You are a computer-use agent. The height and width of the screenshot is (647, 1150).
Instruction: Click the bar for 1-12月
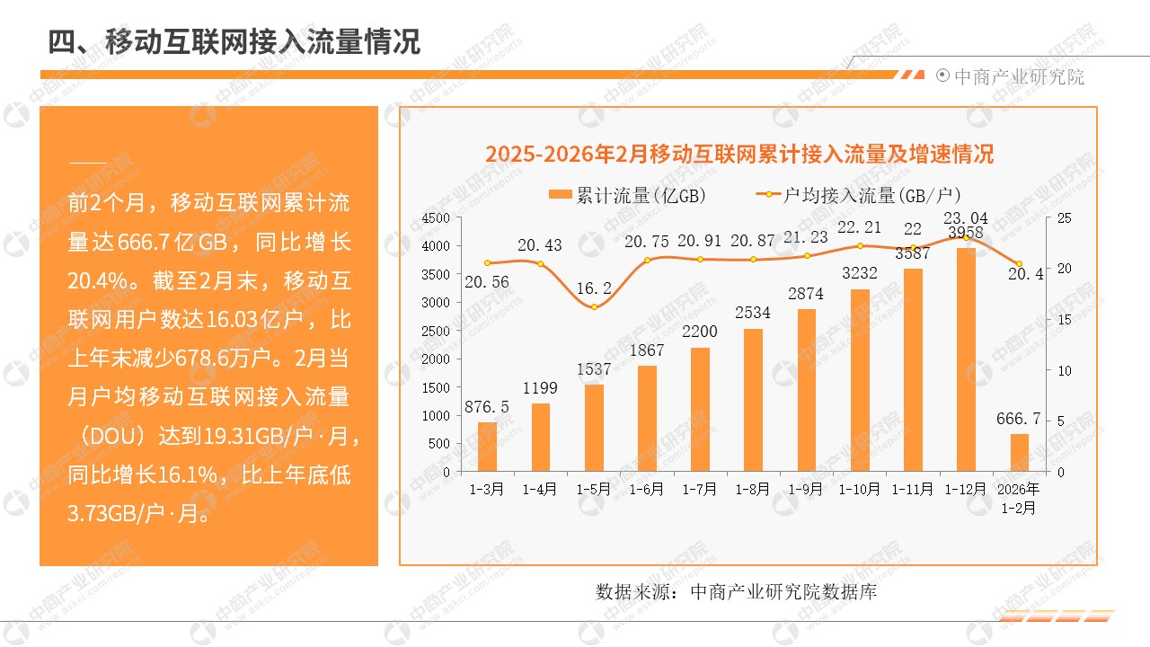(965, 359)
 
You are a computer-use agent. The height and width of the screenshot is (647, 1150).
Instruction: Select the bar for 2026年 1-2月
(1018, 453)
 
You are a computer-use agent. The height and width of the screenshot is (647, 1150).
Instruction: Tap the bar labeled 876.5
(487, 447)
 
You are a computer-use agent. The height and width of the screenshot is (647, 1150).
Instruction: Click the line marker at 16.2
(594, 307)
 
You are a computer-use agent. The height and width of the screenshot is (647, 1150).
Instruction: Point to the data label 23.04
(965, 217)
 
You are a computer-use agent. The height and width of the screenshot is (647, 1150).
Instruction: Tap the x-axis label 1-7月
(700, 490)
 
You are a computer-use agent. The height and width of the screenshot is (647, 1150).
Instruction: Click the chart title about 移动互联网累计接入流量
(739, 154)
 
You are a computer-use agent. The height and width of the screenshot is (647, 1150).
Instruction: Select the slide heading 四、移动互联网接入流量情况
(234, 41)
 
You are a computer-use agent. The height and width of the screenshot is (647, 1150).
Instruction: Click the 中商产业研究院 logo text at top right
(1018, 76)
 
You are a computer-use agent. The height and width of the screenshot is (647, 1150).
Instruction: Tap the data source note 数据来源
(736, 592)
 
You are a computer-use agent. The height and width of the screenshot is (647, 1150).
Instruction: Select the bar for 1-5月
(594, 428)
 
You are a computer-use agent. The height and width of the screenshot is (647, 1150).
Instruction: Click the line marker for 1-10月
(860, 245)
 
